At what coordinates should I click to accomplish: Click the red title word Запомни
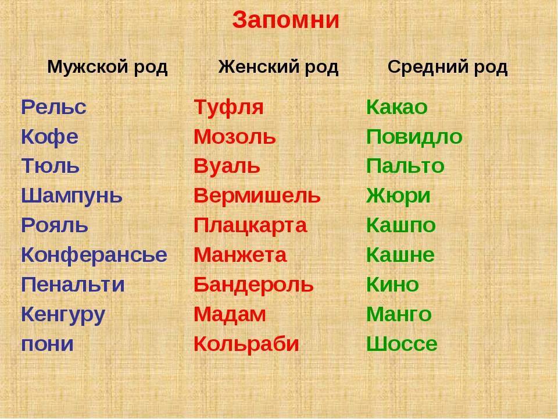tap(286, 20)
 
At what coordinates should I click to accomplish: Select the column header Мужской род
tap(107, 67)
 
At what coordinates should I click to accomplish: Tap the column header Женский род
tap(278, 67)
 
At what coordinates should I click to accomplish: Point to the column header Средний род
tap(448, 67)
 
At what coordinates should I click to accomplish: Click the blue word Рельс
tap(53, 107)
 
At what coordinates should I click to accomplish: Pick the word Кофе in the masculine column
tap(50, 137)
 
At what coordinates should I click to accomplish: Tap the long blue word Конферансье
tap(94, 255)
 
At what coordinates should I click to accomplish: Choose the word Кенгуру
tap(63, 315)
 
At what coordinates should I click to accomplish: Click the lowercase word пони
tap(47, 345)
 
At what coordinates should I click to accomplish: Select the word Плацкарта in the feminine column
tap(250, 226)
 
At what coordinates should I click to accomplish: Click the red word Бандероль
tap(254, 285)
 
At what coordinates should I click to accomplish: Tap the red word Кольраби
tap(246, 345)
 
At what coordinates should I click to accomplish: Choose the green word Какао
tap(397, 107)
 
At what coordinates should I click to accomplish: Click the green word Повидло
tap(414, 137)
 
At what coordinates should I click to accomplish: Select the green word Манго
tap(399, 315)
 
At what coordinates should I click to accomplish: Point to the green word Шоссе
tap(402, 344)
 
